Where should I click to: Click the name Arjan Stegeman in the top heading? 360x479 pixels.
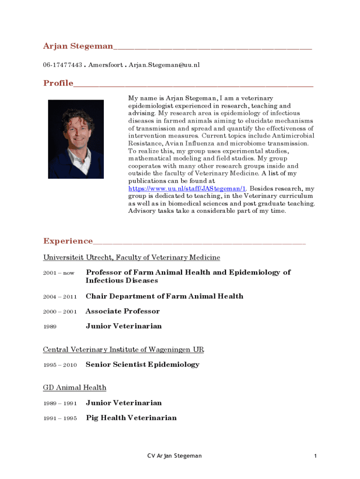click(78, 46)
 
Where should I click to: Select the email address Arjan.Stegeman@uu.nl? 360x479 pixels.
click(164, 65)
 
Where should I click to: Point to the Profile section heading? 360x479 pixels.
click(58, 83)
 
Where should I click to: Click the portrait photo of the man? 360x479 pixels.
click(76, 139)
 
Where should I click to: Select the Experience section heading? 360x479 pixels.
click(68, 241)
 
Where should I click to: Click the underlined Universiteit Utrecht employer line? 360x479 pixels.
click(131, 258)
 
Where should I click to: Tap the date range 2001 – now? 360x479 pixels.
click(59, 273)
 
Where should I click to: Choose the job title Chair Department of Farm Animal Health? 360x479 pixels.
click(165, 296)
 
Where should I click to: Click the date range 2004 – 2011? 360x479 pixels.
click(60, 297)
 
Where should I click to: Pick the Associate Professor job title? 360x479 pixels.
click(122, 311)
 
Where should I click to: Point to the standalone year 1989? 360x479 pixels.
click(50, 327)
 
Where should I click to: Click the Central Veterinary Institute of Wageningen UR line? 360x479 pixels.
click(123, 349)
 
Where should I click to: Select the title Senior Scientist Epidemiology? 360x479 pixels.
click(143, 364)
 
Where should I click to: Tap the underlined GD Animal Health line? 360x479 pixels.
click(75, 388)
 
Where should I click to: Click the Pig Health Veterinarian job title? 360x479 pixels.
click(131, 418)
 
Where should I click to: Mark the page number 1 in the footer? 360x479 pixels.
click(316, 456)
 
